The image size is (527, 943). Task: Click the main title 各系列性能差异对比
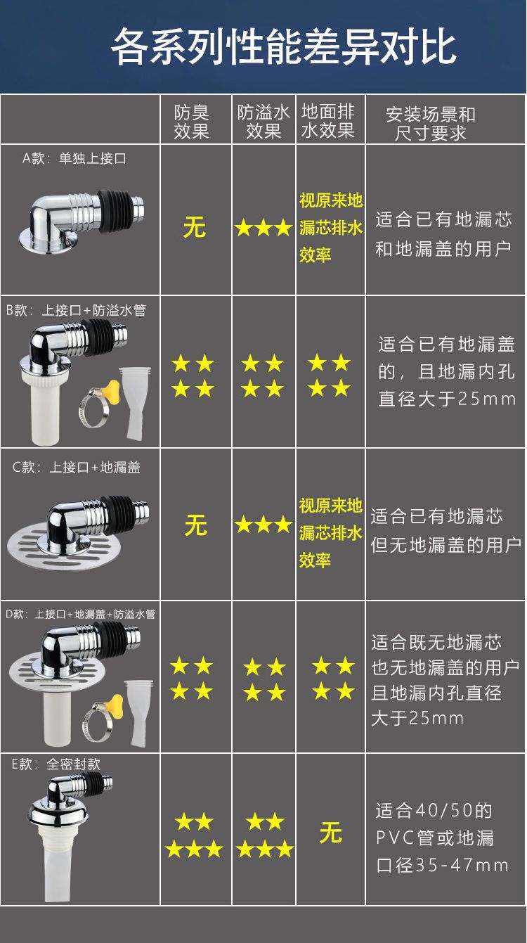click(284, 46)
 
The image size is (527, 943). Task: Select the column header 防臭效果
click(192, 122)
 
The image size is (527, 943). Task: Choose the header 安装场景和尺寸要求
click(430, 123)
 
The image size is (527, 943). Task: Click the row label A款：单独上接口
click(74, 159)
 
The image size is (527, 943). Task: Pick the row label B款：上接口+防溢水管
click(76, 310)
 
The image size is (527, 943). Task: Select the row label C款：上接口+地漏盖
click(76, 468)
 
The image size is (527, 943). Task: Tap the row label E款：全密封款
click(56, 764)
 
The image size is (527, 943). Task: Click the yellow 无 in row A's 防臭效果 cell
click(195, 227)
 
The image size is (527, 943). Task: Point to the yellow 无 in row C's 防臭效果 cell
click(195, 525)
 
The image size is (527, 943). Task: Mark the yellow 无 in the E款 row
click(330, 833)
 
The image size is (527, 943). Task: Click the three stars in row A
click(263, 228)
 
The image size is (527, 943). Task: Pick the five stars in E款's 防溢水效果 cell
click(264, 835)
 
